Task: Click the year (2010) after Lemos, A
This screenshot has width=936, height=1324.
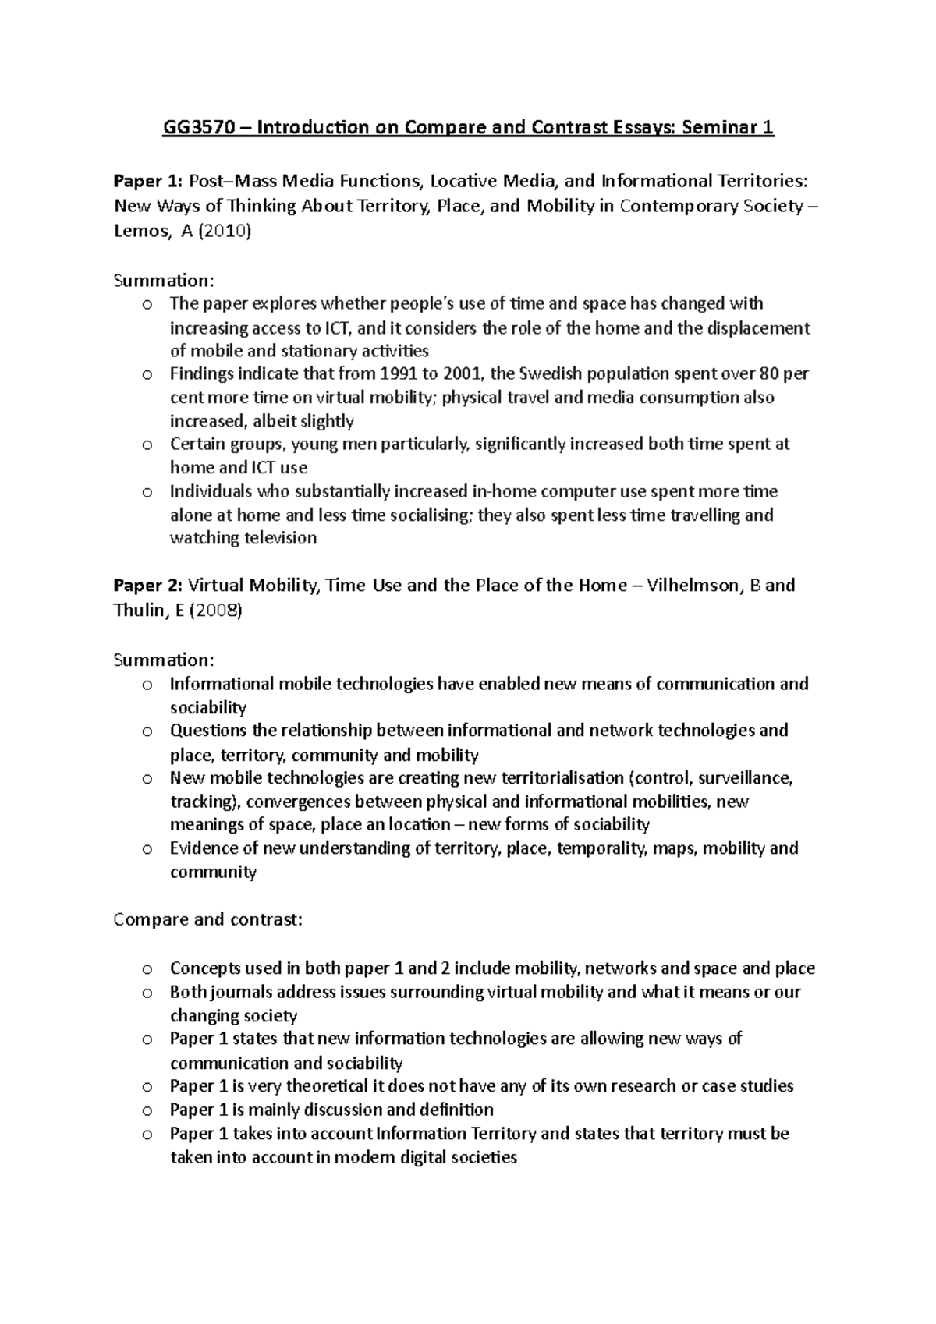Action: (226, 232)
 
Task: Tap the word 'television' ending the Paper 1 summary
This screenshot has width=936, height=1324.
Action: (281, 538)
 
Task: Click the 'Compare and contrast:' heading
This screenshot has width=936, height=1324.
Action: (207, 919)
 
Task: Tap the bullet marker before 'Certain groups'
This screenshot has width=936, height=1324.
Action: (147, 445)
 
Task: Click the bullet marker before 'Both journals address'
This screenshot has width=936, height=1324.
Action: (147, 993)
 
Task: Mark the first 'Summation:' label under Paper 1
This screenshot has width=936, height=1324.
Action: (163, 280)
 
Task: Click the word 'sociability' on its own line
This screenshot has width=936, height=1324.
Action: (208, 708)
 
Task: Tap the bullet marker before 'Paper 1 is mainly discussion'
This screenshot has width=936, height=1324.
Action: (147, 1110)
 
